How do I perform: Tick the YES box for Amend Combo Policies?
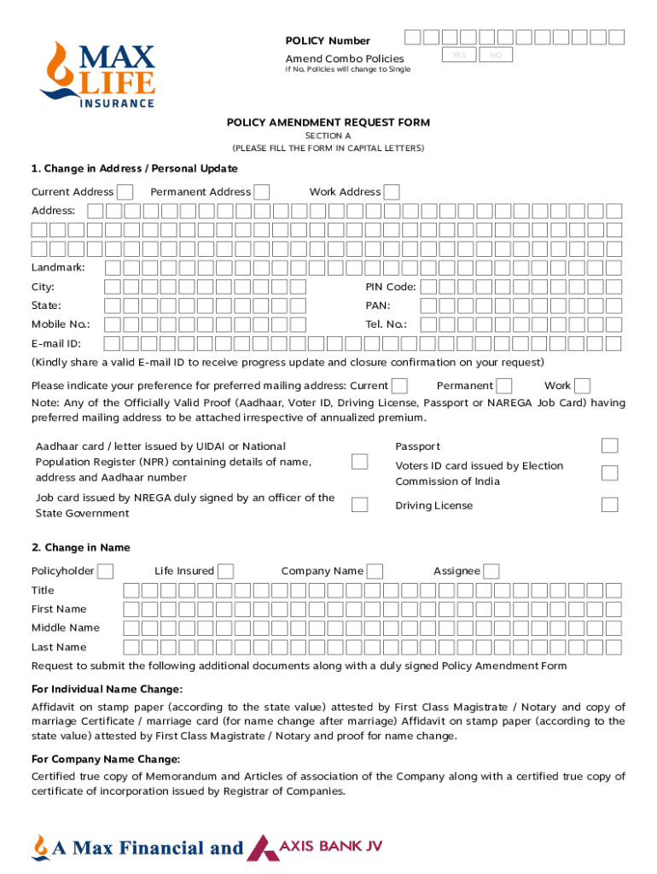[459, 55]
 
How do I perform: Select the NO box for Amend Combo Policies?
[495, 55]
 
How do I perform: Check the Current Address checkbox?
[125, 192]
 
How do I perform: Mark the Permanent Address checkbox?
[262, 192]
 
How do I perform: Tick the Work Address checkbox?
[392, 192]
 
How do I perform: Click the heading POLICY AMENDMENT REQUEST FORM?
[328, 123]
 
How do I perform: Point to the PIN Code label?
[391, 287]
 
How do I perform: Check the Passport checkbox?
[609, 446]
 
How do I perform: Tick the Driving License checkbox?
[609, 504]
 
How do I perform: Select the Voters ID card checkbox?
[609, 473]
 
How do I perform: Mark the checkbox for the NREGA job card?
[360, 504]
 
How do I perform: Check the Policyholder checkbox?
[107, 571]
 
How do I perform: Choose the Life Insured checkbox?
[226, 571]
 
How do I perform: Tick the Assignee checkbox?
[491, 571]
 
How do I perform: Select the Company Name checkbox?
[375, 571]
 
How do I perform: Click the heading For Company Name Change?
[106, 760]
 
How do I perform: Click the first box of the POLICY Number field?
[412, 37]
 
